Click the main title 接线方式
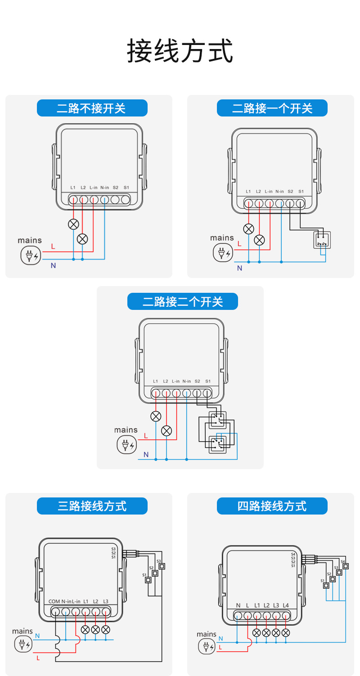(180, 50)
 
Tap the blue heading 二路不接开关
(92, 108)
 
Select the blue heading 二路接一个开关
(272, 108)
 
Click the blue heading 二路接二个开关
(182, 301)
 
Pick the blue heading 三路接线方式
(92, 506)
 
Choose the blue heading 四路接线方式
(272, 506)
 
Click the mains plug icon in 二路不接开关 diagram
(30, 255)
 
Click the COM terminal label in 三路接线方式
(54, 601)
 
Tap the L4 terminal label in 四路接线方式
(286, 605)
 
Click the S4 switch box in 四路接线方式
(345, 566)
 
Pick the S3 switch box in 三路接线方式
(162, 566)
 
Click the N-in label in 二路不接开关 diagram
(104, 188)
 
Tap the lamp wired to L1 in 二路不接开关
(73, 224)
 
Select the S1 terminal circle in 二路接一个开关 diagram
(301, 203)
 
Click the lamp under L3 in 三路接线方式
(106, 629)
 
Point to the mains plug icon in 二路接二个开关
(126, 445)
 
